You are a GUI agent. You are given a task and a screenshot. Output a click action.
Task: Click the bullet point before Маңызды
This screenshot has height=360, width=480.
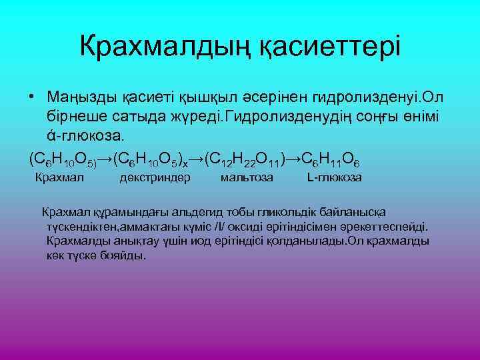(x=32, y=98)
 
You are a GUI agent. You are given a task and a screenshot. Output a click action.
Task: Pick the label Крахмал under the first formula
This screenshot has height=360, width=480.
(x=59, y=178)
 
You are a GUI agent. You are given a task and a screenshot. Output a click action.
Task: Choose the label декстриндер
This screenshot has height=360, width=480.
(x=155, y=178)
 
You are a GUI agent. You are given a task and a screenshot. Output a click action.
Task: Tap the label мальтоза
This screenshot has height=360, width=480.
(x=247, y=178)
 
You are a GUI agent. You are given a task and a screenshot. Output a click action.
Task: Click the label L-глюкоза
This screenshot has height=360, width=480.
(x=335, y=178)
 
